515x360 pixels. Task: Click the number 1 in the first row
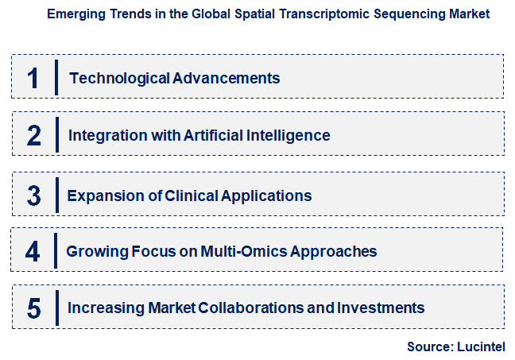pos(33,78)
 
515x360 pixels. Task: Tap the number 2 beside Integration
pos(33,136)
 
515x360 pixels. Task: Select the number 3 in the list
pos(33,195)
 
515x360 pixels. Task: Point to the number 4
pos(33,252)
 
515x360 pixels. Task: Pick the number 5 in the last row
pos(33,308)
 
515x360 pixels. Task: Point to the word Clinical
pos(194,195)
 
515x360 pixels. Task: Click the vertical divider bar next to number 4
pos(56,252)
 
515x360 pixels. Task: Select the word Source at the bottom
pos(429,346)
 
